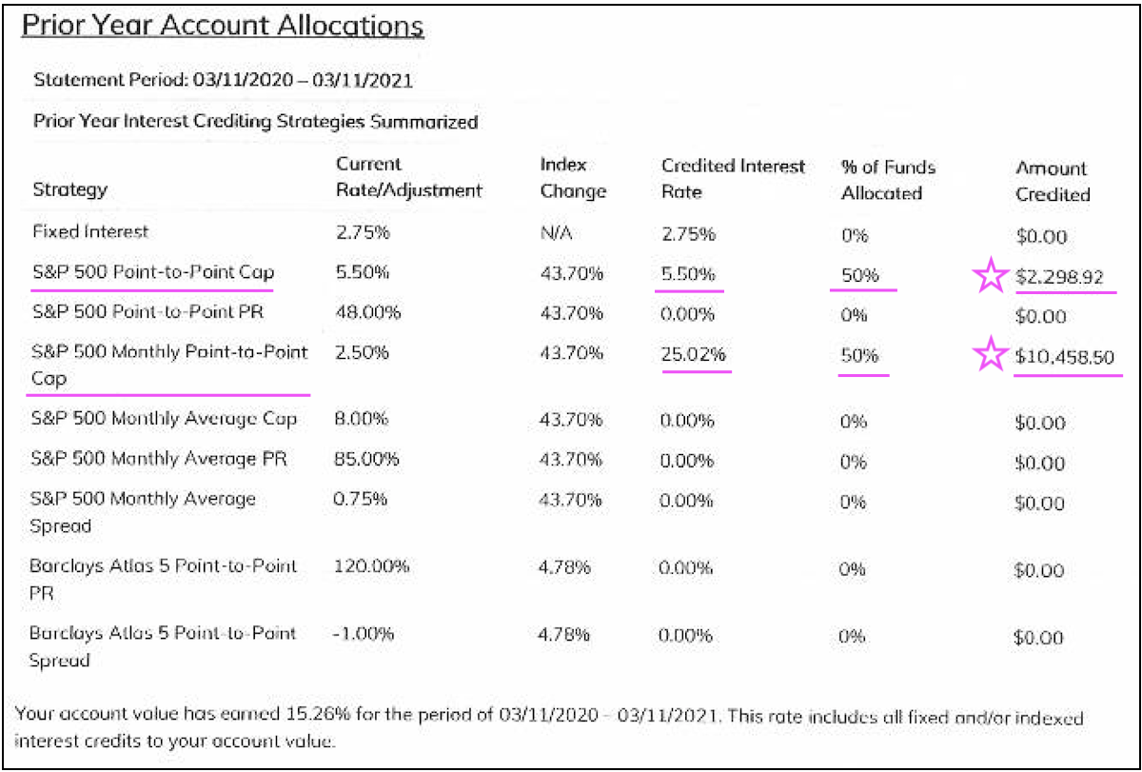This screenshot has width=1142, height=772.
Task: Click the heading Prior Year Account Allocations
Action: click(x=223, y=26)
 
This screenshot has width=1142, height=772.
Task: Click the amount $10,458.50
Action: click(x=1064, y=357)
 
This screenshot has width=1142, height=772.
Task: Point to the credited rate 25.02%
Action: click(x=694, y=354)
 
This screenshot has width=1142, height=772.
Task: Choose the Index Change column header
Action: click(x=573, y=178)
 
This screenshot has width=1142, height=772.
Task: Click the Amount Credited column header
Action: click(x=1052, y=181)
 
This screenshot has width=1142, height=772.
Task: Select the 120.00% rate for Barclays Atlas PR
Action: click(x=372, y=565)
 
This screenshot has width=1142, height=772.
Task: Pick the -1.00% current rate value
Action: click(x=364, y=633)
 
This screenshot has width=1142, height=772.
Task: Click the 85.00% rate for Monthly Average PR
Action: click(x=367, y=459)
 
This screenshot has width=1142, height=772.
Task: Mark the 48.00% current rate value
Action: click(x=367, y=312)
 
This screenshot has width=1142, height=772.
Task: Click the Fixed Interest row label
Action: click(x=90, y=231)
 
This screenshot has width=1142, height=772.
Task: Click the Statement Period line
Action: click(x=223, y=81)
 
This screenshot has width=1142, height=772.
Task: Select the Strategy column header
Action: click(x=69, y=189)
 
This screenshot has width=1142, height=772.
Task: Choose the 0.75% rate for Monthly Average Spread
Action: click(x=363, y=499)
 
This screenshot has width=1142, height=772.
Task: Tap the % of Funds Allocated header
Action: click(x=888, y=180)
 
